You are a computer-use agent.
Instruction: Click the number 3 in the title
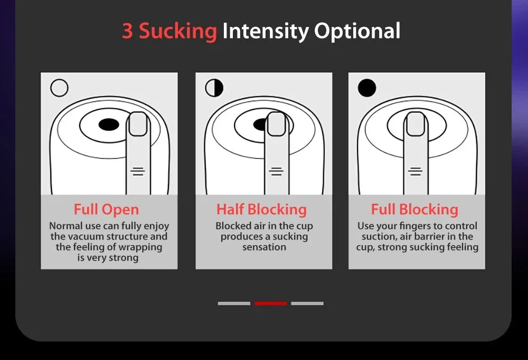pyautogui.click(x=127, y=31)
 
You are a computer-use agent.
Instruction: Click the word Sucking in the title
pyautogui.click(x=178, y=32)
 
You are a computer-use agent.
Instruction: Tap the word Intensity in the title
pyautogui.click(x=266, y=32)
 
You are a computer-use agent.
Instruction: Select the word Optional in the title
pyautogui.click(x=357, y=32)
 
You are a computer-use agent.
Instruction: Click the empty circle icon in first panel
pyautogui.click(x=60, y=88)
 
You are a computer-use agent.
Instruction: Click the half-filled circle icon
pyautogui.click(x=214, y=88)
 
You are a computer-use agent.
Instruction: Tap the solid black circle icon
pyautogui.click(x=367, y=88)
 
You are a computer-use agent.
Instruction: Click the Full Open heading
pyautogui.click(x=106, y=210)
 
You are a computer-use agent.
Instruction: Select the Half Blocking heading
pyautogui.click(x=261, y=210)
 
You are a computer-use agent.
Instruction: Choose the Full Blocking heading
pyautogui.click(x=414, y=210)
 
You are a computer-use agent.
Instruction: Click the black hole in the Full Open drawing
pyautogui.click(x=109, y=125)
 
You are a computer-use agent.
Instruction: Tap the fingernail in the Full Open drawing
pyautogui.click(x=138, y=125)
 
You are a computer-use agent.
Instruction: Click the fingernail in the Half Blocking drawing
pyautogui.click(x=276, y=125)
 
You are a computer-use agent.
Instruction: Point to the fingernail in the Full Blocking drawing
pyautogui.click(x=416, y=124)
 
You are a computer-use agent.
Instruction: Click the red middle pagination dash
pyautogui.click(x=270, y=304)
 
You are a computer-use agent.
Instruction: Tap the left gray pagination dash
pyautogui.click(x=234, y=304)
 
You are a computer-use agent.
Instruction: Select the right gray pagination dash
pyautogui.click(x=307, y=304)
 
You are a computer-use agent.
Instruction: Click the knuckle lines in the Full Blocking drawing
pyautogui.click(x=416, y=171)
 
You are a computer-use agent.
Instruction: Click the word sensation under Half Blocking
pyautogui.click(x=264, y=247)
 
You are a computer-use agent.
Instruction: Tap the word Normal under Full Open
pyautogui.click(x=67, y=226)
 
